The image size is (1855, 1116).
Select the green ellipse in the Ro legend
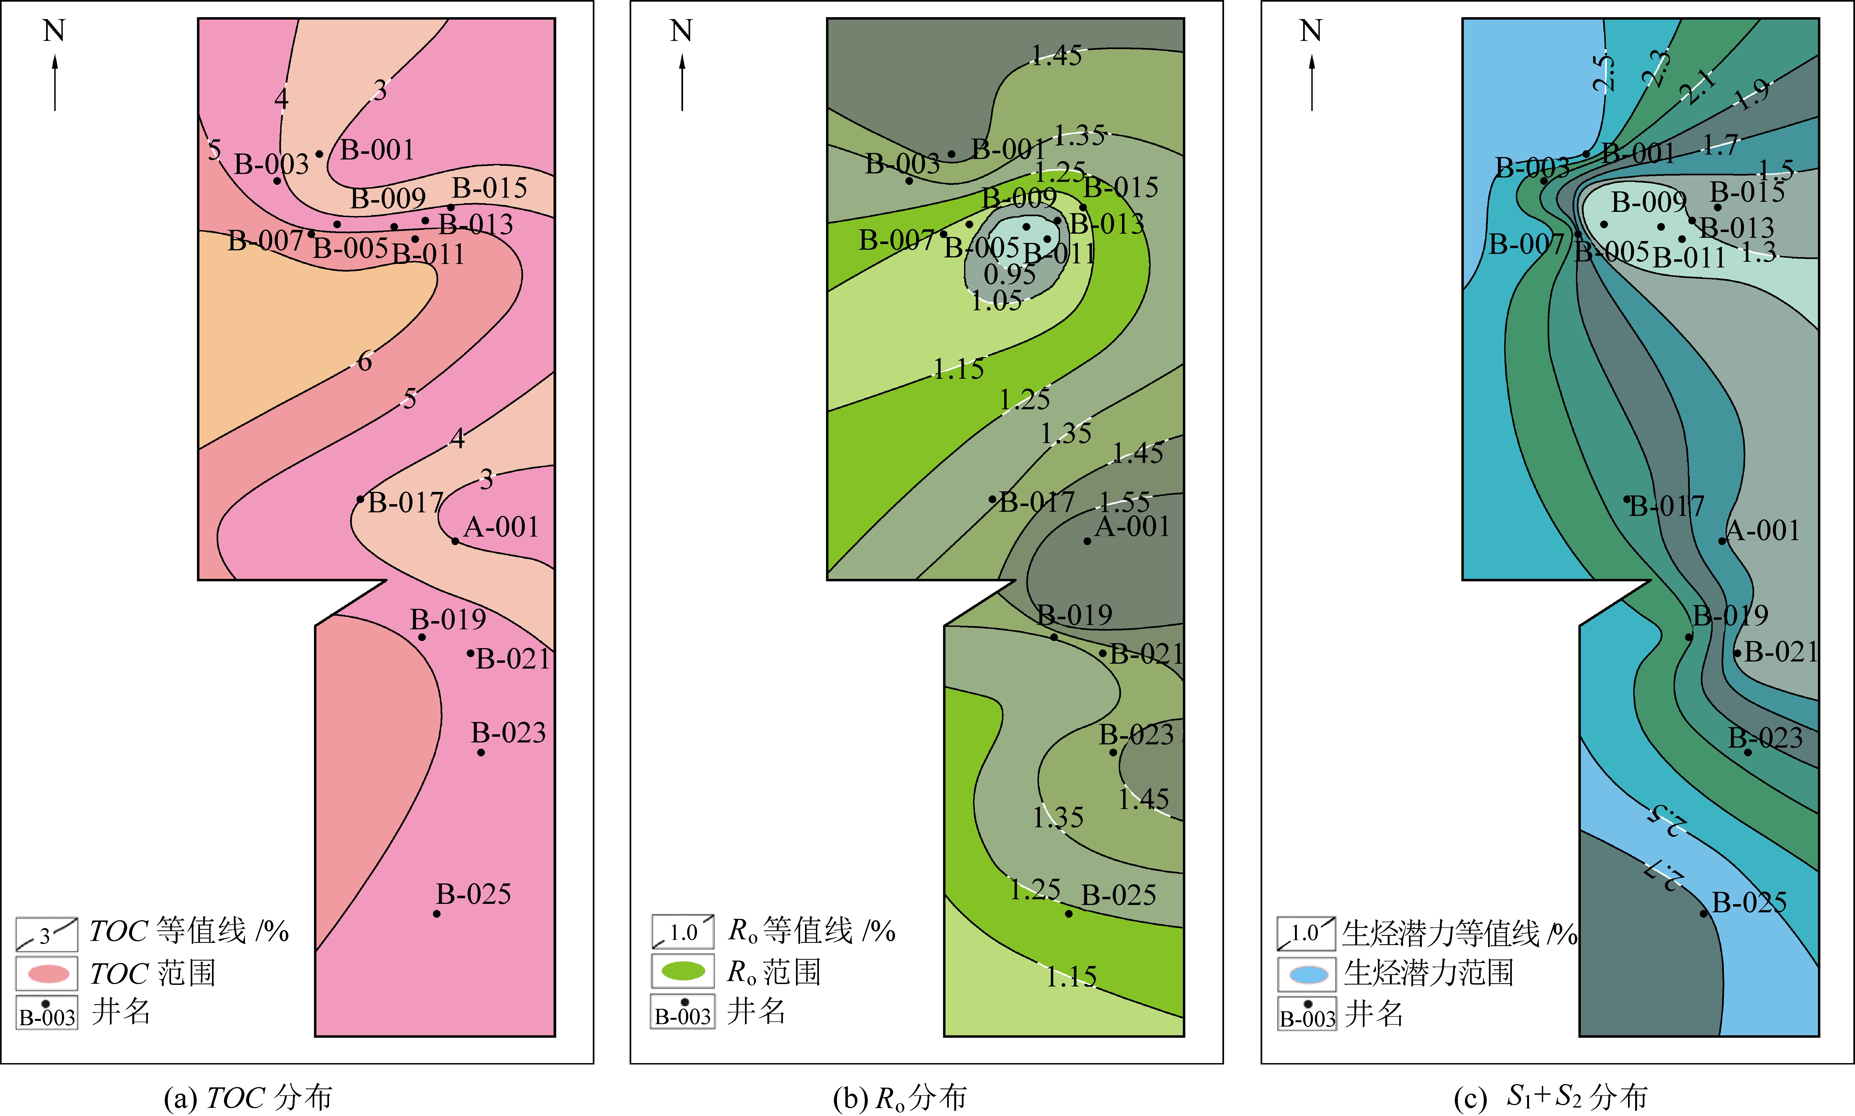683,971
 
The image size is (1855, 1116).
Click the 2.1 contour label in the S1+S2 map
1698,88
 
